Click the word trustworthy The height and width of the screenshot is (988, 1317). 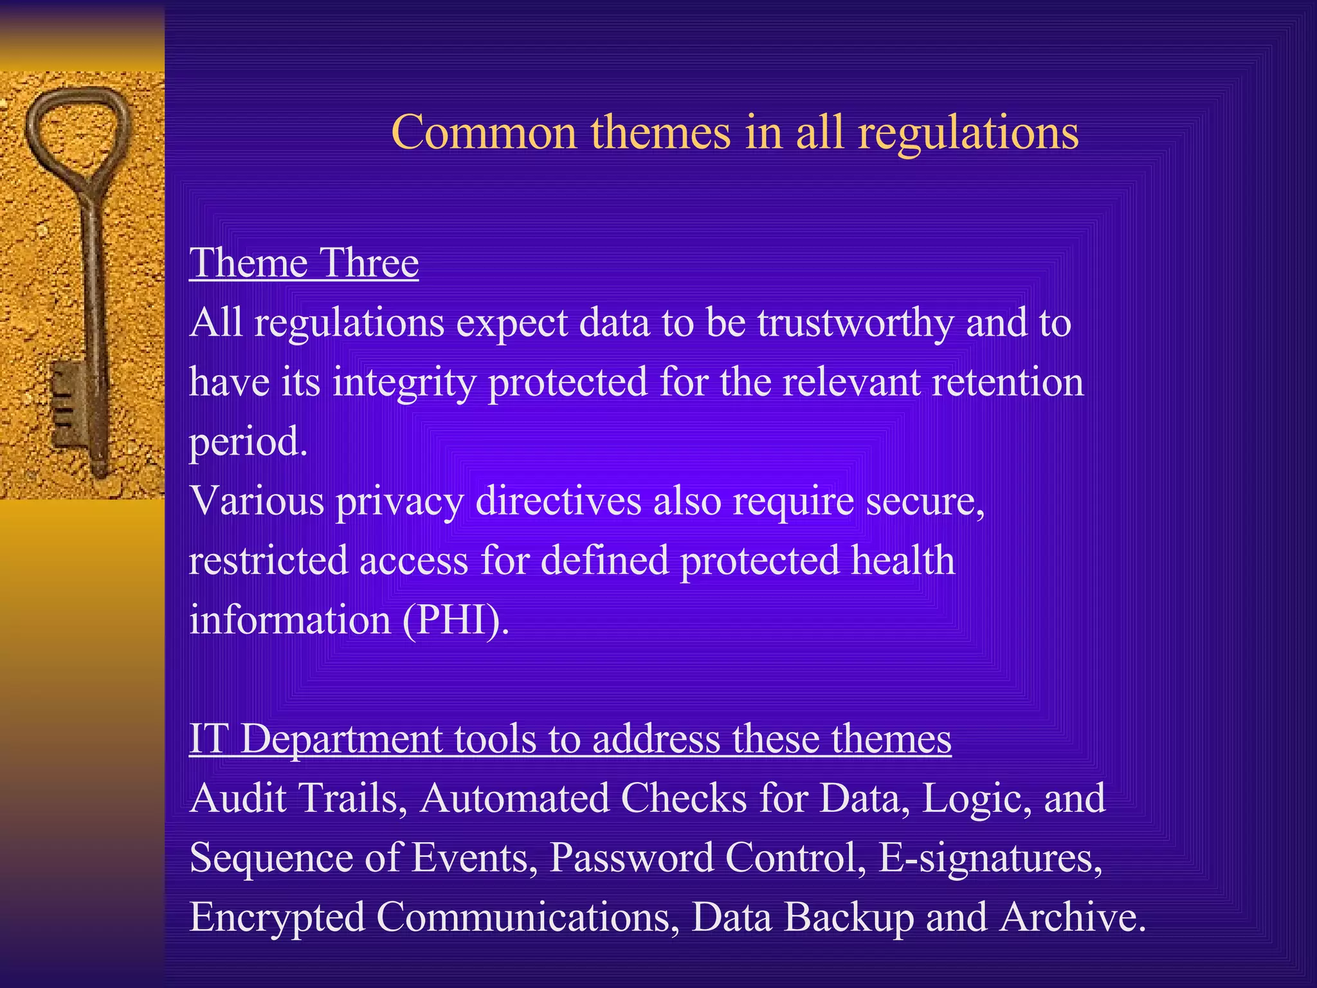pos(855,323)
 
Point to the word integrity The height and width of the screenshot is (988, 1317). pos(404,383)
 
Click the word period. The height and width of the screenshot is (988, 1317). pos(248,443)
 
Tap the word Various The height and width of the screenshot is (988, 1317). pos(257,500)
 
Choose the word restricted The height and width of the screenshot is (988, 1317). pos(268,560)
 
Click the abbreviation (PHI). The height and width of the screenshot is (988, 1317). pos(456,621)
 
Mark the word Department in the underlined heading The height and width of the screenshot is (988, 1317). pos(341,740)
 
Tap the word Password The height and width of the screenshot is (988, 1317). pos(631,858)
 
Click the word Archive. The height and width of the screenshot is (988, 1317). pos(1073,917)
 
